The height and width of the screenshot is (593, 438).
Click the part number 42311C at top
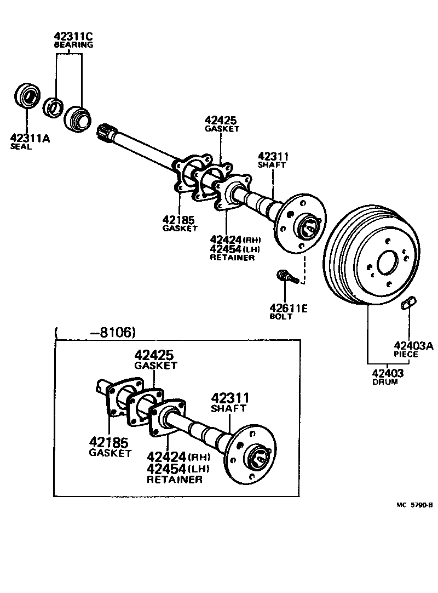coord(73,37)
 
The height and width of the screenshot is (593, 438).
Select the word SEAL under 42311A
coord(21,147)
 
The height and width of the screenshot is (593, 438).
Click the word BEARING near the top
coord(73,45)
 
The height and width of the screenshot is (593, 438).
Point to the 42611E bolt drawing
coord(287,276)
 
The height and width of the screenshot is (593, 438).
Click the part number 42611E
coord(288,309)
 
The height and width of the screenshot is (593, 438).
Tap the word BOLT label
coord(281,317)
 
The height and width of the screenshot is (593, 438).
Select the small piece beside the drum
coord(409,302)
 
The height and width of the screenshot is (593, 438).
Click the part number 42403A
coord(413,345)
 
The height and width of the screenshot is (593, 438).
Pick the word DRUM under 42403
coord(385,381)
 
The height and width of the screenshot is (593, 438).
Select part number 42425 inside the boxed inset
coord(155,356)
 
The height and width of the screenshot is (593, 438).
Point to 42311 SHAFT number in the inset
coord(230,398)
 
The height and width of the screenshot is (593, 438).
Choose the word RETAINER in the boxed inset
coord(174,479)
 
